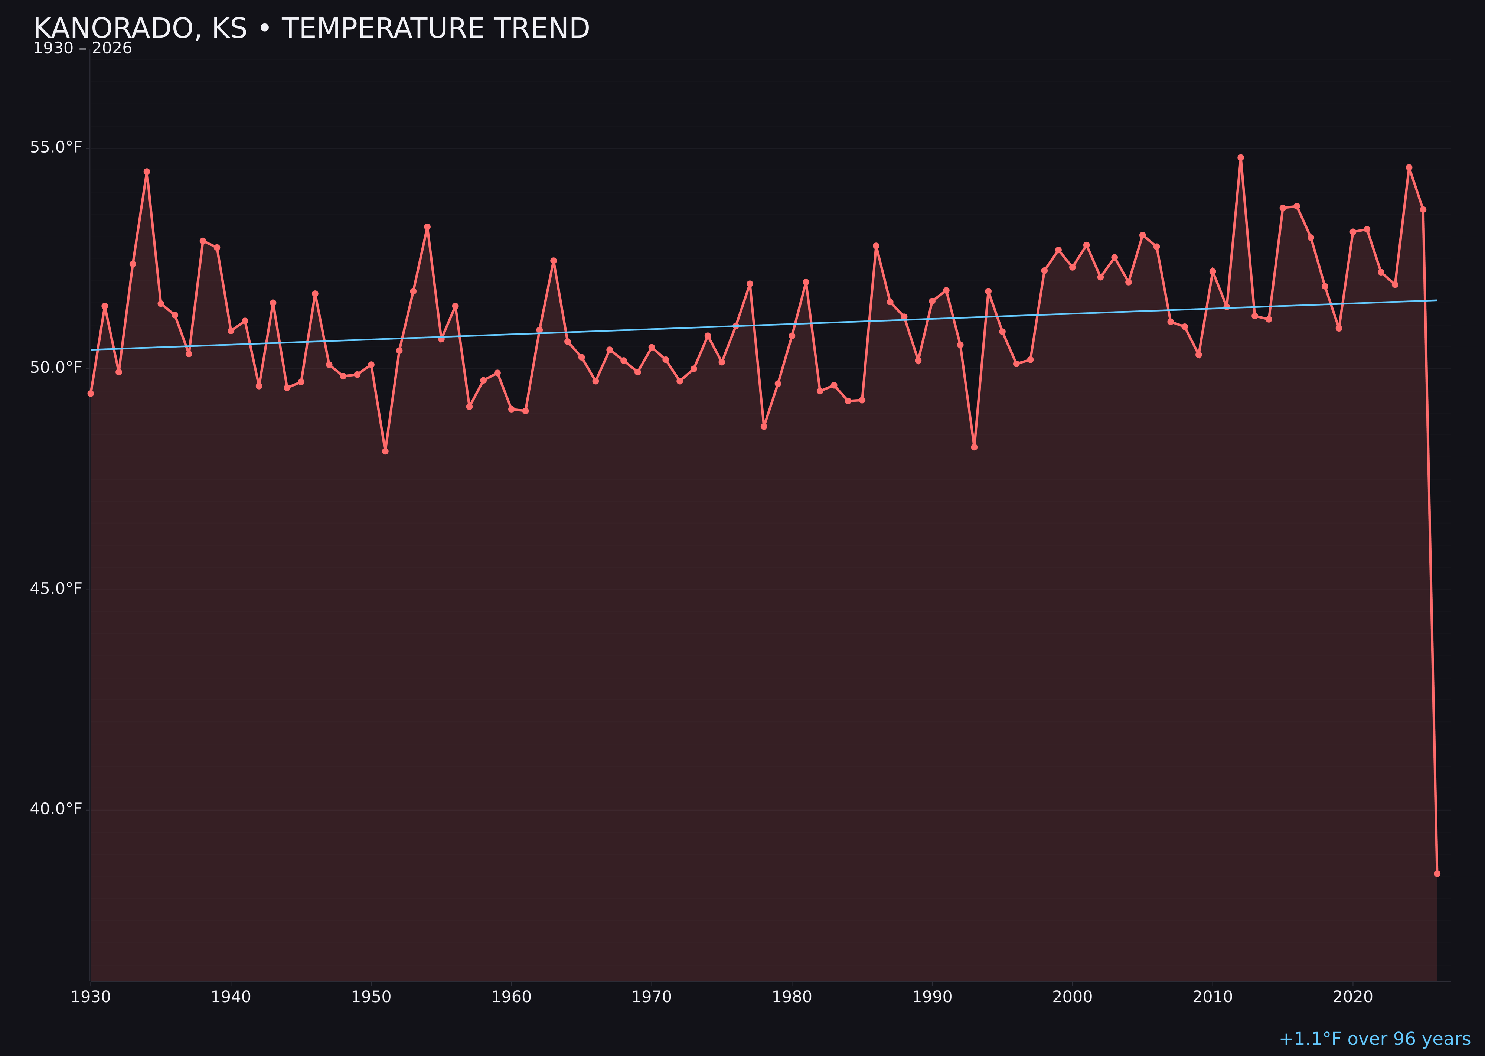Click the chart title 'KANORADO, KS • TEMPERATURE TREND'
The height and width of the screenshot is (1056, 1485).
pyautogui.click(x=311, y=29)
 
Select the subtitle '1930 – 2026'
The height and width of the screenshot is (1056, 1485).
pyautogui.click(x=82, y=49)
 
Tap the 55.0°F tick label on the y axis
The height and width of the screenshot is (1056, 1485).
pyautogui.click(x=56, y=148)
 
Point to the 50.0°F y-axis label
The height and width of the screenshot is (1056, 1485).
pyautogui.click(x=56, y=368)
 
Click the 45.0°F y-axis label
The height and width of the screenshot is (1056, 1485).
pyautogui.click(x=56, y=589)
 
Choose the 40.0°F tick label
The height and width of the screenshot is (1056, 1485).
pyautogui.click(x=56, y=809)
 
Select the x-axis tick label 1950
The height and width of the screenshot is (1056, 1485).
pyautogui.click(x=371, y=997)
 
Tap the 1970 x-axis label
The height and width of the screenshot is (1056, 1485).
pyautogui.click(x=652, y=997)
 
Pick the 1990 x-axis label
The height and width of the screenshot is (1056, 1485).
pyautogui.click(x=932, y=997)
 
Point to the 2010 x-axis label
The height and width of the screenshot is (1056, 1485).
pyautogui.click(x=1213, y=997)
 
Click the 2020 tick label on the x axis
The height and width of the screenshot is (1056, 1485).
pyautogui.click(x=1353, y=997)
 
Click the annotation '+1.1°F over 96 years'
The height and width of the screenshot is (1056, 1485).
pyautogui.click(x=1374, y=1039)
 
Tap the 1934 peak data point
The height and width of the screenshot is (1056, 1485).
pyautogui.click(x=147, y=172)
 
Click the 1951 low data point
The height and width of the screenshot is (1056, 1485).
pyautogui.click(x=386, y=451)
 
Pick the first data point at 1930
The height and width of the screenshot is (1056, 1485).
pyautogui.click(x=91, y=393)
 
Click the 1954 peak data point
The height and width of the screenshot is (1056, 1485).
pyautogui.click(x=427, y=227)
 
